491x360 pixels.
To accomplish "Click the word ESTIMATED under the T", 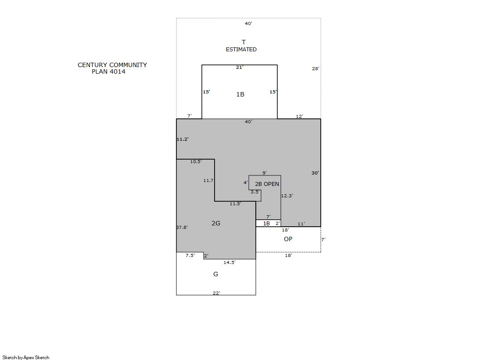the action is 241,50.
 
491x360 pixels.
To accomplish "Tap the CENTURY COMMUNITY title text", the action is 112,65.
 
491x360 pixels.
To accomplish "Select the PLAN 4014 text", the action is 108,71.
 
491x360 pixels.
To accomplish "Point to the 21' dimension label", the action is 240,67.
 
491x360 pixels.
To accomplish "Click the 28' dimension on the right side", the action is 315,68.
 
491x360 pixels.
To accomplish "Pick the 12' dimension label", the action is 300,117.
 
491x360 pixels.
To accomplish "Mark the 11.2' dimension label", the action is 183,139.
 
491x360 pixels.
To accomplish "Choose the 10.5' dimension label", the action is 196,161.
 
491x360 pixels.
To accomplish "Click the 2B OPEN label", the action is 267,184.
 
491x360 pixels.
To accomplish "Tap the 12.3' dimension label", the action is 287,196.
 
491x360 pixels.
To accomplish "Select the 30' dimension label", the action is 315,173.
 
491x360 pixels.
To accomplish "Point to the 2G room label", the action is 216,223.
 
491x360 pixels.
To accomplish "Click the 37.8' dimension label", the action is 182,227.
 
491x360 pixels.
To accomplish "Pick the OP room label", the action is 288,239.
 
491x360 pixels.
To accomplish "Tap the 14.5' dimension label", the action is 229,262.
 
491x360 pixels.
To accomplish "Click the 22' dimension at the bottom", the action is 216,293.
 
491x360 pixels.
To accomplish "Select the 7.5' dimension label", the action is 190,256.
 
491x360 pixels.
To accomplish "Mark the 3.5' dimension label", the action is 255,192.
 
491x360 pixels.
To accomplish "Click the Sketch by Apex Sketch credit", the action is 26,357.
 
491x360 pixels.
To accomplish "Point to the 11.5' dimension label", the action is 235,204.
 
